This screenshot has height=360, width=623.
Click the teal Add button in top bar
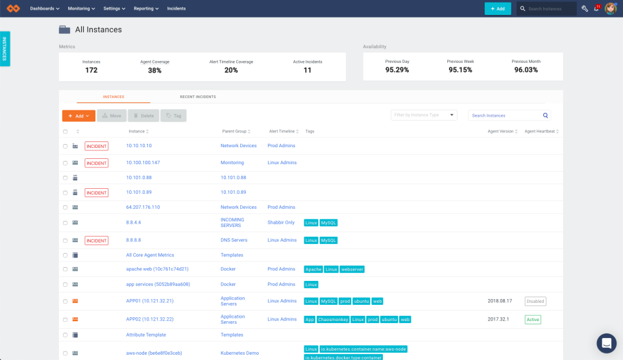(x=497, y=8)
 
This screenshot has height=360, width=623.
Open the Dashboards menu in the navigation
(x=45, y=8)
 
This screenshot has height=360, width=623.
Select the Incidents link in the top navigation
(x=176, y=8)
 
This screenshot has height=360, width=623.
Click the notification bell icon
(x=596, y=9)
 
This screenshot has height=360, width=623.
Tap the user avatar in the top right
(x=610, y=8)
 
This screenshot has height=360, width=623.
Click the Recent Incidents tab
(x=198, y=97)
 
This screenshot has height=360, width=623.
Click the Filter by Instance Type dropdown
(x=424, y=115)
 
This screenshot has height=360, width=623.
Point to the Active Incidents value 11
(x=308, y=70)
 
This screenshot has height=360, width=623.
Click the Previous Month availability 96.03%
(x=526, y=70)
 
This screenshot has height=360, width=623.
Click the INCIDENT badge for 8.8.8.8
(x=97, y=241)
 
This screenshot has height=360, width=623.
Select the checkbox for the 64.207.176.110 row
(x=65, y=208)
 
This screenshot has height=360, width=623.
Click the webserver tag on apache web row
(x=352, y=269)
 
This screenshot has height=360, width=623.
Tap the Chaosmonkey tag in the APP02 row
(x=333, y=319)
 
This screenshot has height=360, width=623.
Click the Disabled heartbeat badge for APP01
(x=535, y=301)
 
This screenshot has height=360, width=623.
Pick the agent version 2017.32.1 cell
(x=499, y=319)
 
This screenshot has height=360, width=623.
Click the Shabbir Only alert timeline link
(x=281, y=222)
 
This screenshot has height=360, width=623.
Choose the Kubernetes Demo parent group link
(x=239, y=353)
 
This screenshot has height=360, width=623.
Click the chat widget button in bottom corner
(x=606, y=343)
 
